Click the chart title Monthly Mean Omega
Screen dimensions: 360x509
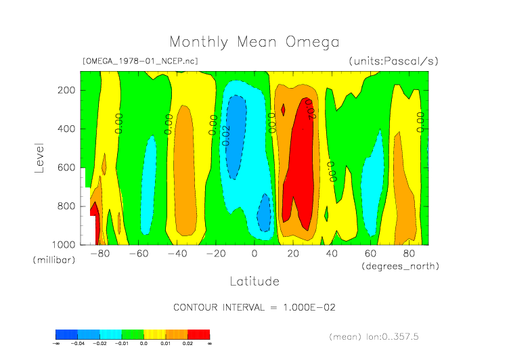(x=254, y=43)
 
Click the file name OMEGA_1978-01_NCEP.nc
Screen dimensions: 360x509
(x=140, y=61)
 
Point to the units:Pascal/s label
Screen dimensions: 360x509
(x=394, y=61)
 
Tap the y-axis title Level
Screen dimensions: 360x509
(x=39, y=156)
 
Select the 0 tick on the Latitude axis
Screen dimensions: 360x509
(x=255, y=254)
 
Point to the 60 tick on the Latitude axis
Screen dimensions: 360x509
(x=370, y=254)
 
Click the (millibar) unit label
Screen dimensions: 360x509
(x=53, y=260)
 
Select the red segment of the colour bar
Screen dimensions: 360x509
(x=199, y=334)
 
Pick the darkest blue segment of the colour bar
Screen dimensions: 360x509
(x=66, y=334)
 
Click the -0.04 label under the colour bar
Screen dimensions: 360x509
(x=79, y=344)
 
